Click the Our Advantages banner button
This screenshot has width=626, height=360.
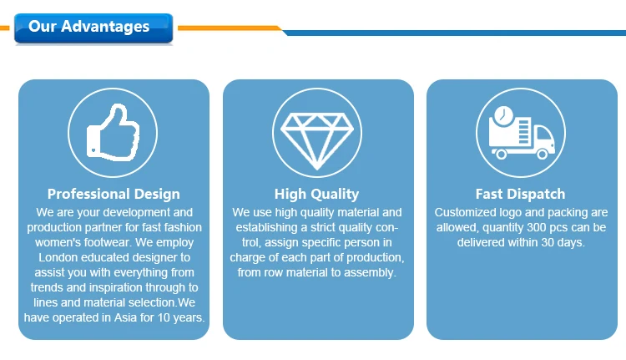pos(93,28)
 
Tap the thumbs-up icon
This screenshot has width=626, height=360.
pos(113,132)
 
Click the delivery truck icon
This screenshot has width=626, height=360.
pos(522,133)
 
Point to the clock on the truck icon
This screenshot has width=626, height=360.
pos(503,115)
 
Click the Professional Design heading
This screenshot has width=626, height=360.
pos(114,194)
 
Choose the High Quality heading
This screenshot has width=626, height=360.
pos(316,194)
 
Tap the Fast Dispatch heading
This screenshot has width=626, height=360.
pos(520,194)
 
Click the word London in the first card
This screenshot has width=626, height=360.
pos(58,257)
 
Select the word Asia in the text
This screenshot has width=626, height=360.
pos(126,317)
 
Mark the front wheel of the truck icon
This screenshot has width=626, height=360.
pos(543,154)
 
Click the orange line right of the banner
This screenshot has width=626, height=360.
pos(230,28)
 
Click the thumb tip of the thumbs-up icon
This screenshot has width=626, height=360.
pos(119,107)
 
